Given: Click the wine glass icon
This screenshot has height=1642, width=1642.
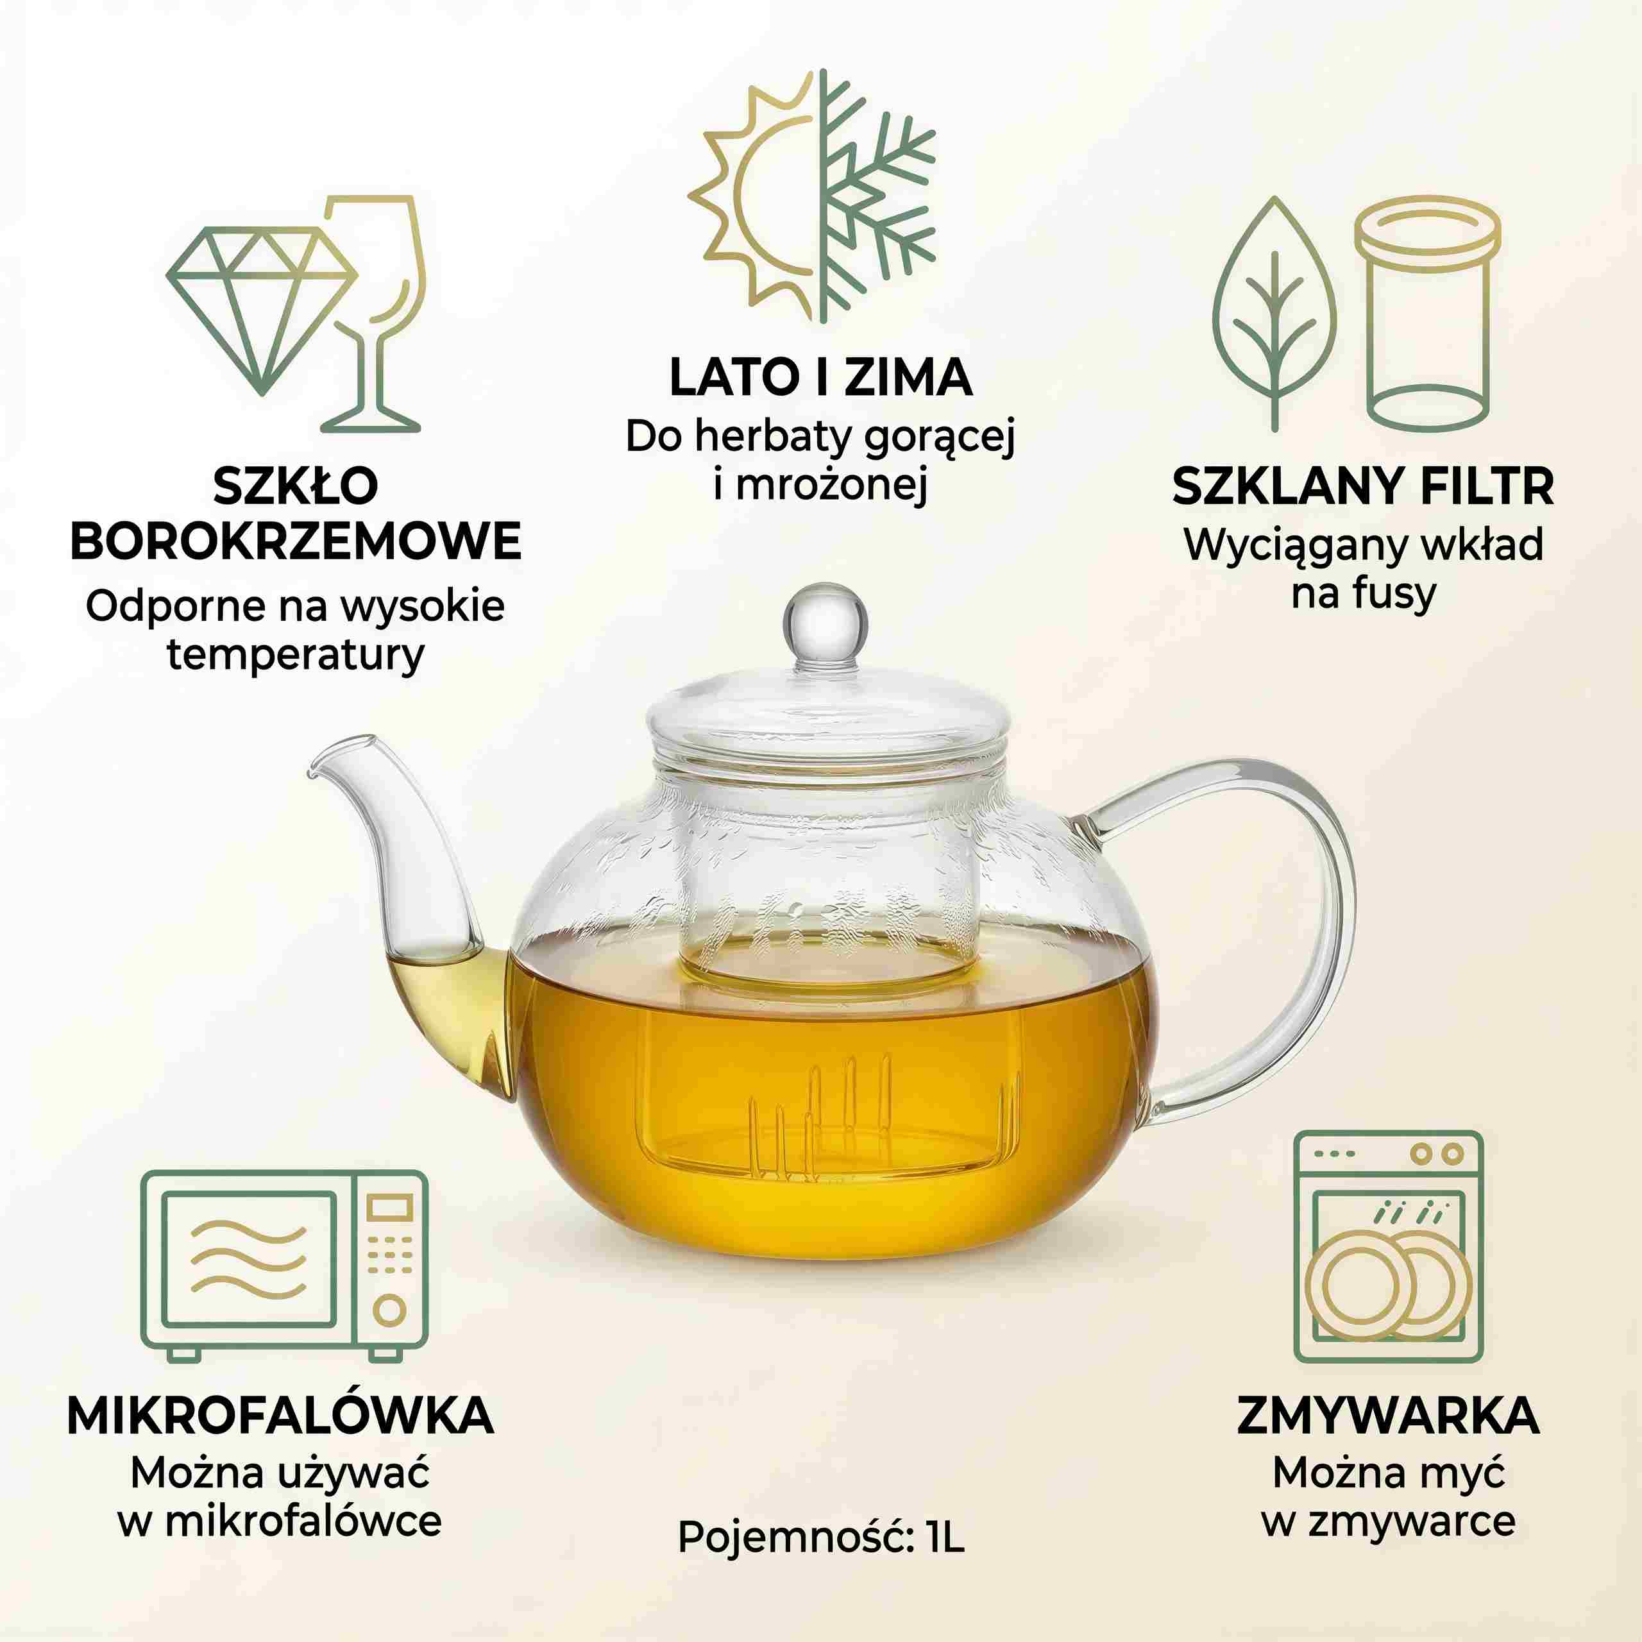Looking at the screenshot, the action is (374, 314).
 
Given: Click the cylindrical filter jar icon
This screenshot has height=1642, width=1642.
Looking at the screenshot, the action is (1428, 314).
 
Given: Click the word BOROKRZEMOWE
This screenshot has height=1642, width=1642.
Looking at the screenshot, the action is (295, 541).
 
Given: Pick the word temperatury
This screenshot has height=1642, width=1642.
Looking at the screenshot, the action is (295, 656).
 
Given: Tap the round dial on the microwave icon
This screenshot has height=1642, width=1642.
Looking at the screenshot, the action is (390, 1310).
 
